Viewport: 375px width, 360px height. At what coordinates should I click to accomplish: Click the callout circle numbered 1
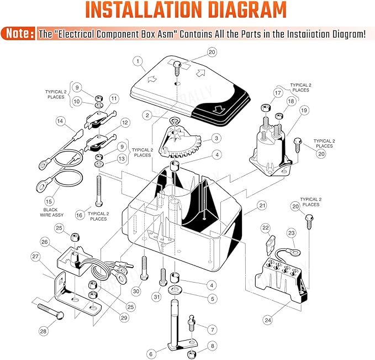[x=138, y=61]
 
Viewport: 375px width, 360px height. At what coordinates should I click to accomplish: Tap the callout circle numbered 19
[x=304, y=111]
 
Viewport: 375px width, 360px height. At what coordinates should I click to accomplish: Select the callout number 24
[x=268, y=320]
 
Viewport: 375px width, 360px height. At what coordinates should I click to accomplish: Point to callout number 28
[x=43, y=331]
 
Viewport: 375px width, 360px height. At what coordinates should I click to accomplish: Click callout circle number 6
[x=151, y=354]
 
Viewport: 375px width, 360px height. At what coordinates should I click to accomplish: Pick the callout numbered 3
[x=216, y=138]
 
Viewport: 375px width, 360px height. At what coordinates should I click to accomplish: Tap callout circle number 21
[x=262, y=205]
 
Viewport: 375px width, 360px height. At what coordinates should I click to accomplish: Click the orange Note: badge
[x=18, y=33]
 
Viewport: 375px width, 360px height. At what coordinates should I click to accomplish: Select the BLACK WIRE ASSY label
[x=52, y=212]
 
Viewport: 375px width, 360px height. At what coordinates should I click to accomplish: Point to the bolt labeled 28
[x=51, y=311]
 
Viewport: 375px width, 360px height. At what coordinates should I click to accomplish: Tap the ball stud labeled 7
[x=192, y=323]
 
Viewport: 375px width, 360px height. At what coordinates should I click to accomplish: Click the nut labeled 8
[x=191, y=354]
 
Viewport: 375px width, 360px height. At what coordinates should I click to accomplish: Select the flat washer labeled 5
[x=175, y=290]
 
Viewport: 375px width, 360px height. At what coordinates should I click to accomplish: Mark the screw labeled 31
[x=163, y=277]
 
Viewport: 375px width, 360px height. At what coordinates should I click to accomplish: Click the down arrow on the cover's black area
[x=217, y=109]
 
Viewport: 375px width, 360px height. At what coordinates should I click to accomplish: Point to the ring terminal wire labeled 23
[x=287, y=252]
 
